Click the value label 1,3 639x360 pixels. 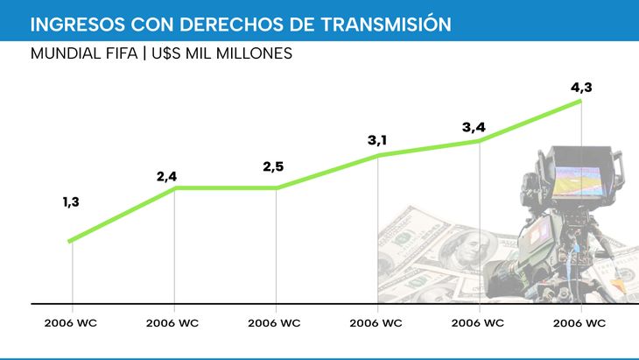71,202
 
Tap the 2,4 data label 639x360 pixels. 167,177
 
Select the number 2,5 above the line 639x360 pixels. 273,166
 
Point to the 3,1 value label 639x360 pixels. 377,140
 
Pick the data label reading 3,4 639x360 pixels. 474,128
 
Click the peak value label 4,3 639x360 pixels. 581,88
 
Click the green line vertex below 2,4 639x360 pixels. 175,187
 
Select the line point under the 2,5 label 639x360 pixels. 277,187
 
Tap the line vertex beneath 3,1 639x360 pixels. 378,155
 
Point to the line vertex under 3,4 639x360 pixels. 480,141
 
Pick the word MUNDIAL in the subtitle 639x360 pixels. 63,53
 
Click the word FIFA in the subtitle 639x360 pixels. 123,53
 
